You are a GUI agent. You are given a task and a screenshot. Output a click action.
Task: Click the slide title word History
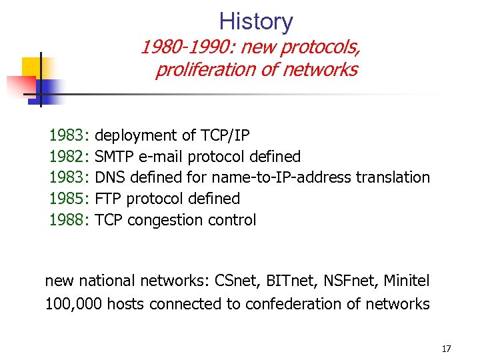pyautogui.click(x=256, y=21)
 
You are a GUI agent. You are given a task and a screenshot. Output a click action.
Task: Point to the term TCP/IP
pyautogui.click(x=225, y=136)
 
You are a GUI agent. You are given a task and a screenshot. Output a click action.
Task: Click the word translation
pyautogui.click(x=393, y=177)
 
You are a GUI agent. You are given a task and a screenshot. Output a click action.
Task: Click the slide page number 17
pyautogui.click(x=446, y=349)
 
